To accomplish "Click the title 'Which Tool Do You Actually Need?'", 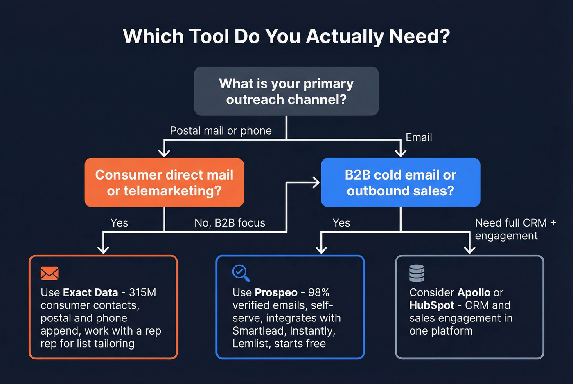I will click(x=286, y=36).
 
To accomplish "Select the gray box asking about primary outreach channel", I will click(x=286, y=91).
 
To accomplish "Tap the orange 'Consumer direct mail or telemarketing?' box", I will click(x=164, y=182).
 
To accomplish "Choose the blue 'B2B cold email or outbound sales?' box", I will click(x=400, y=182).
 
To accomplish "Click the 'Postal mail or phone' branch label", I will click(x=221, y=131).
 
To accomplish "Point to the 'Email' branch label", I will click(x=419, y=137).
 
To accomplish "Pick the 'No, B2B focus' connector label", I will click(x=230, y=223).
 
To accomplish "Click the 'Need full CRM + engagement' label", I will click(x=515, y=229).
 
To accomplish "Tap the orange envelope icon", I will click(x=49, y=273).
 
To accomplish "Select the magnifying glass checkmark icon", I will click(x=241, y=273).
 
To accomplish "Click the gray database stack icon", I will click(x=417, y=273).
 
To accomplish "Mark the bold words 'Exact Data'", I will click(x=90, y=293).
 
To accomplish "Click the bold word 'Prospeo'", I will click(x=276, y=293).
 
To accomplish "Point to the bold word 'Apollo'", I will click(x=474, y=293).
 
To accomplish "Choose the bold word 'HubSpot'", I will click(x=431, y=305).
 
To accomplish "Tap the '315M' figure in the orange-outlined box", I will click(x=142, y=293).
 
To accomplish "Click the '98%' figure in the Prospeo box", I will click(x=318, y=293).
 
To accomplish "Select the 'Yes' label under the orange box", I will click(x=119, y=223).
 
